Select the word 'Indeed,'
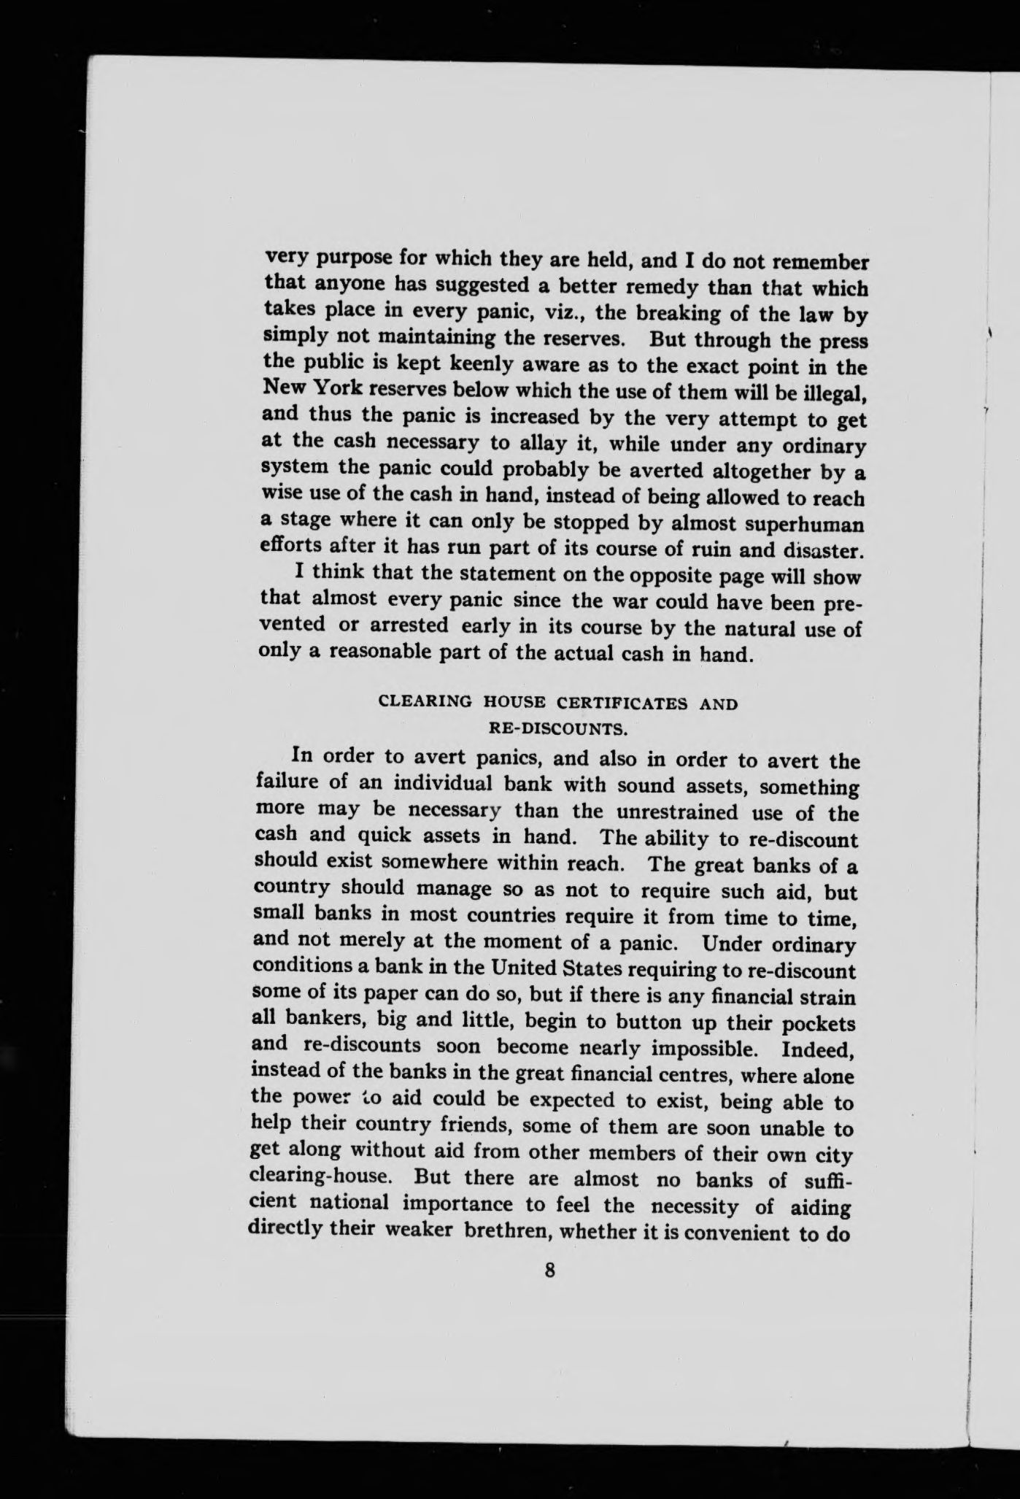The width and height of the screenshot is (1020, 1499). (x=818, y=1051)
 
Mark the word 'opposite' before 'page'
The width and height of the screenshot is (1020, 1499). (x=650, y=576)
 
